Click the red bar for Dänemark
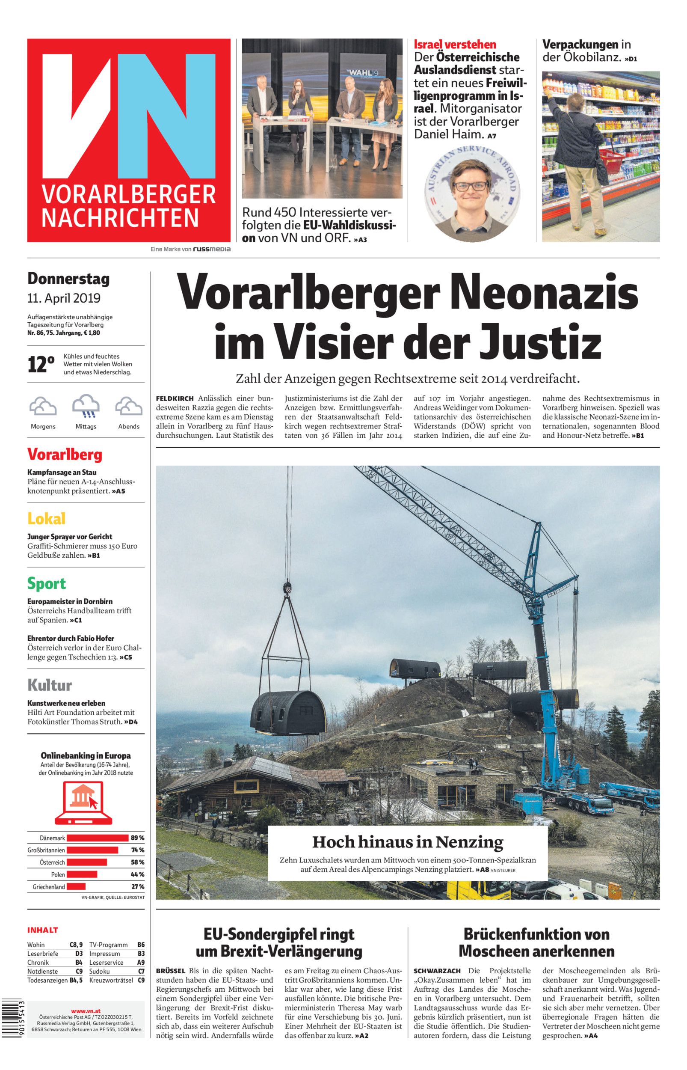(x=97, y=838)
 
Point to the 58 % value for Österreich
(x=137, y=862)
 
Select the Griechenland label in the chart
(x=49, y=887)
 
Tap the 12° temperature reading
(x=41, y=365)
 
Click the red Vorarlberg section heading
(x=65, y=455)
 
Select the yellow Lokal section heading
(x=46, y=518)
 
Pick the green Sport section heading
(x=46, y=583)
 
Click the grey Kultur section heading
(x=50, y=685)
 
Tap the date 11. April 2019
(x=64, y=298)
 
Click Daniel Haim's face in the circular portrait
(x=468, y=190)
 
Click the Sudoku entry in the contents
(x=100, y=971)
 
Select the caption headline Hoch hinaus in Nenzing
(x=407, y=842)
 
